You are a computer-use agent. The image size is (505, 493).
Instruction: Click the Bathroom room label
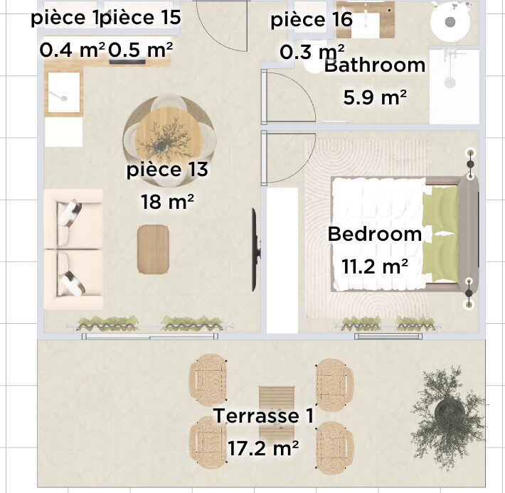(x=375, y=65)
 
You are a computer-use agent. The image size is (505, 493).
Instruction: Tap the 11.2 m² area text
(x=375, y=266)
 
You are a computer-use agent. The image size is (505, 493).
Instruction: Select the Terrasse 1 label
(x=263, y=416)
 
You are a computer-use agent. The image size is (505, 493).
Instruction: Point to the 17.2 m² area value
(x=263, y=448)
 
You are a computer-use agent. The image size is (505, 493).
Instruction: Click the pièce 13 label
(x=167, y=170)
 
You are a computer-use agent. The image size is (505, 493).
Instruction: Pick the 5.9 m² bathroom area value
(x=375, y=97)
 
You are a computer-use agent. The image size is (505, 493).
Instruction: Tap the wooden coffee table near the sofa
(x=154, y=249)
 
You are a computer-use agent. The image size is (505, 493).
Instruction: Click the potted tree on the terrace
(x=448, y=416)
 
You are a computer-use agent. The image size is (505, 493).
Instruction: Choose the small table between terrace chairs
(x=277, y=409)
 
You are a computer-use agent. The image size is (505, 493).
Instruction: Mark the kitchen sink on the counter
(x=64, y=93)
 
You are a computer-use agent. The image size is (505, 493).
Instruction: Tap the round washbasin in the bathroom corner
(x=450, y=22)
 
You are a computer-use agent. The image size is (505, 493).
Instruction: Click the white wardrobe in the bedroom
(x=282, y=261)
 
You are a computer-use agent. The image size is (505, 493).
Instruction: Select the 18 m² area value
(x=167, y=202)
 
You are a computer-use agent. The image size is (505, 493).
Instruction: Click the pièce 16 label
(x=312, y=20)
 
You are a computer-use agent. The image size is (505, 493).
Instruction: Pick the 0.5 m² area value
(x=140, y=50)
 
